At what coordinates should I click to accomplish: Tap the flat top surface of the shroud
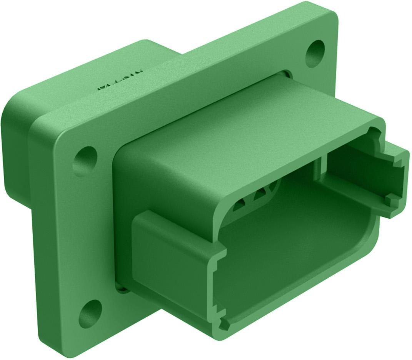(x=246, y=127)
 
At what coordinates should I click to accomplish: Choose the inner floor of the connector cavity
(x=292, y=246)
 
